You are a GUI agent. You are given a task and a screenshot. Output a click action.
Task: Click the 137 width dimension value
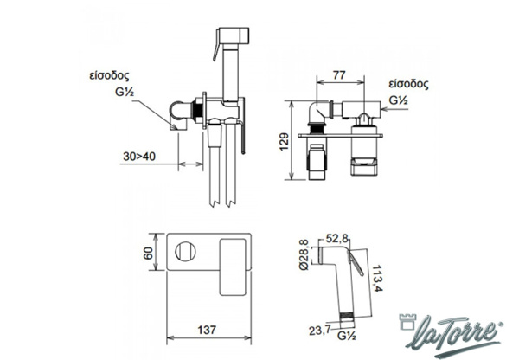(207, 330)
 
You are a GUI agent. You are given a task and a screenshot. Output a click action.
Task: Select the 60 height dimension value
(148, 254)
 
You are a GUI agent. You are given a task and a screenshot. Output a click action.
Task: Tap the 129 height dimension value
(284, 142)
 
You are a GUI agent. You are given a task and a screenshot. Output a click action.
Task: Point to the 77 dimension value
(339, 75)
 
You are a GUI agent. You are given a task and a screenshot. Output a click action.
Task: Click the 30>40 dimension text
(139, 157)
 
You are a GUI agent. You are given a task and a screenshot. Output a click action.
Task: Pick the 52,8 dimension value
(337, 238)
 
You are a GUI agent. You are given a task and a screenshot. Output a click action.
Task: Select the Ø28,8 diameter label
(304, 254)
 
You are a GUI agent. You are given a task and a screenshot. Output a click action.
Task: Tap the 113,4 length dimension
(377, 278)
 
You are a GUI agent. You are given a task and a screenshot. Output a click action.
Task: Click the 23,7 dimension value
(320, 331)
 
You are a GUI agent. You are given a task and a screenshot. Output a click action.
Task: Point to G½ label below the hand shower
(347, 336)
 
